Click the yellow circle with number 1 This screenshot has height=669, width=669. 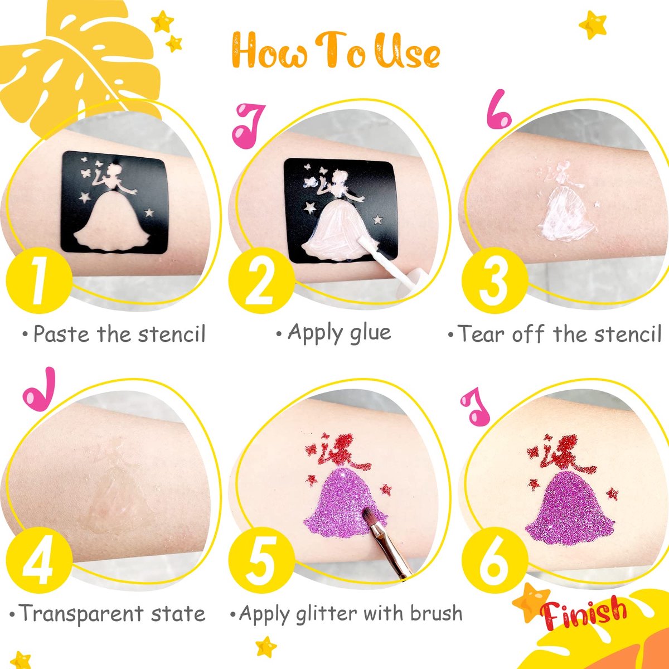39,280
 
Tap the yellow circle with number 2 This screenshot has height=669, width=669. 261,280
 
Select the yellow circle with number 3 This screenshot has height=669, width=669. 495,280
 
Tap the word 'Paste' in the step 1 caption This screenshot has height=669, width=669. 61,334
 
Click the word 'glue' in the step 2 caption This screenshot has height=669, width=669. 370,333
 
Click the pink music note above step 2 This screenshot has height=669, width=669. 249,125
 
